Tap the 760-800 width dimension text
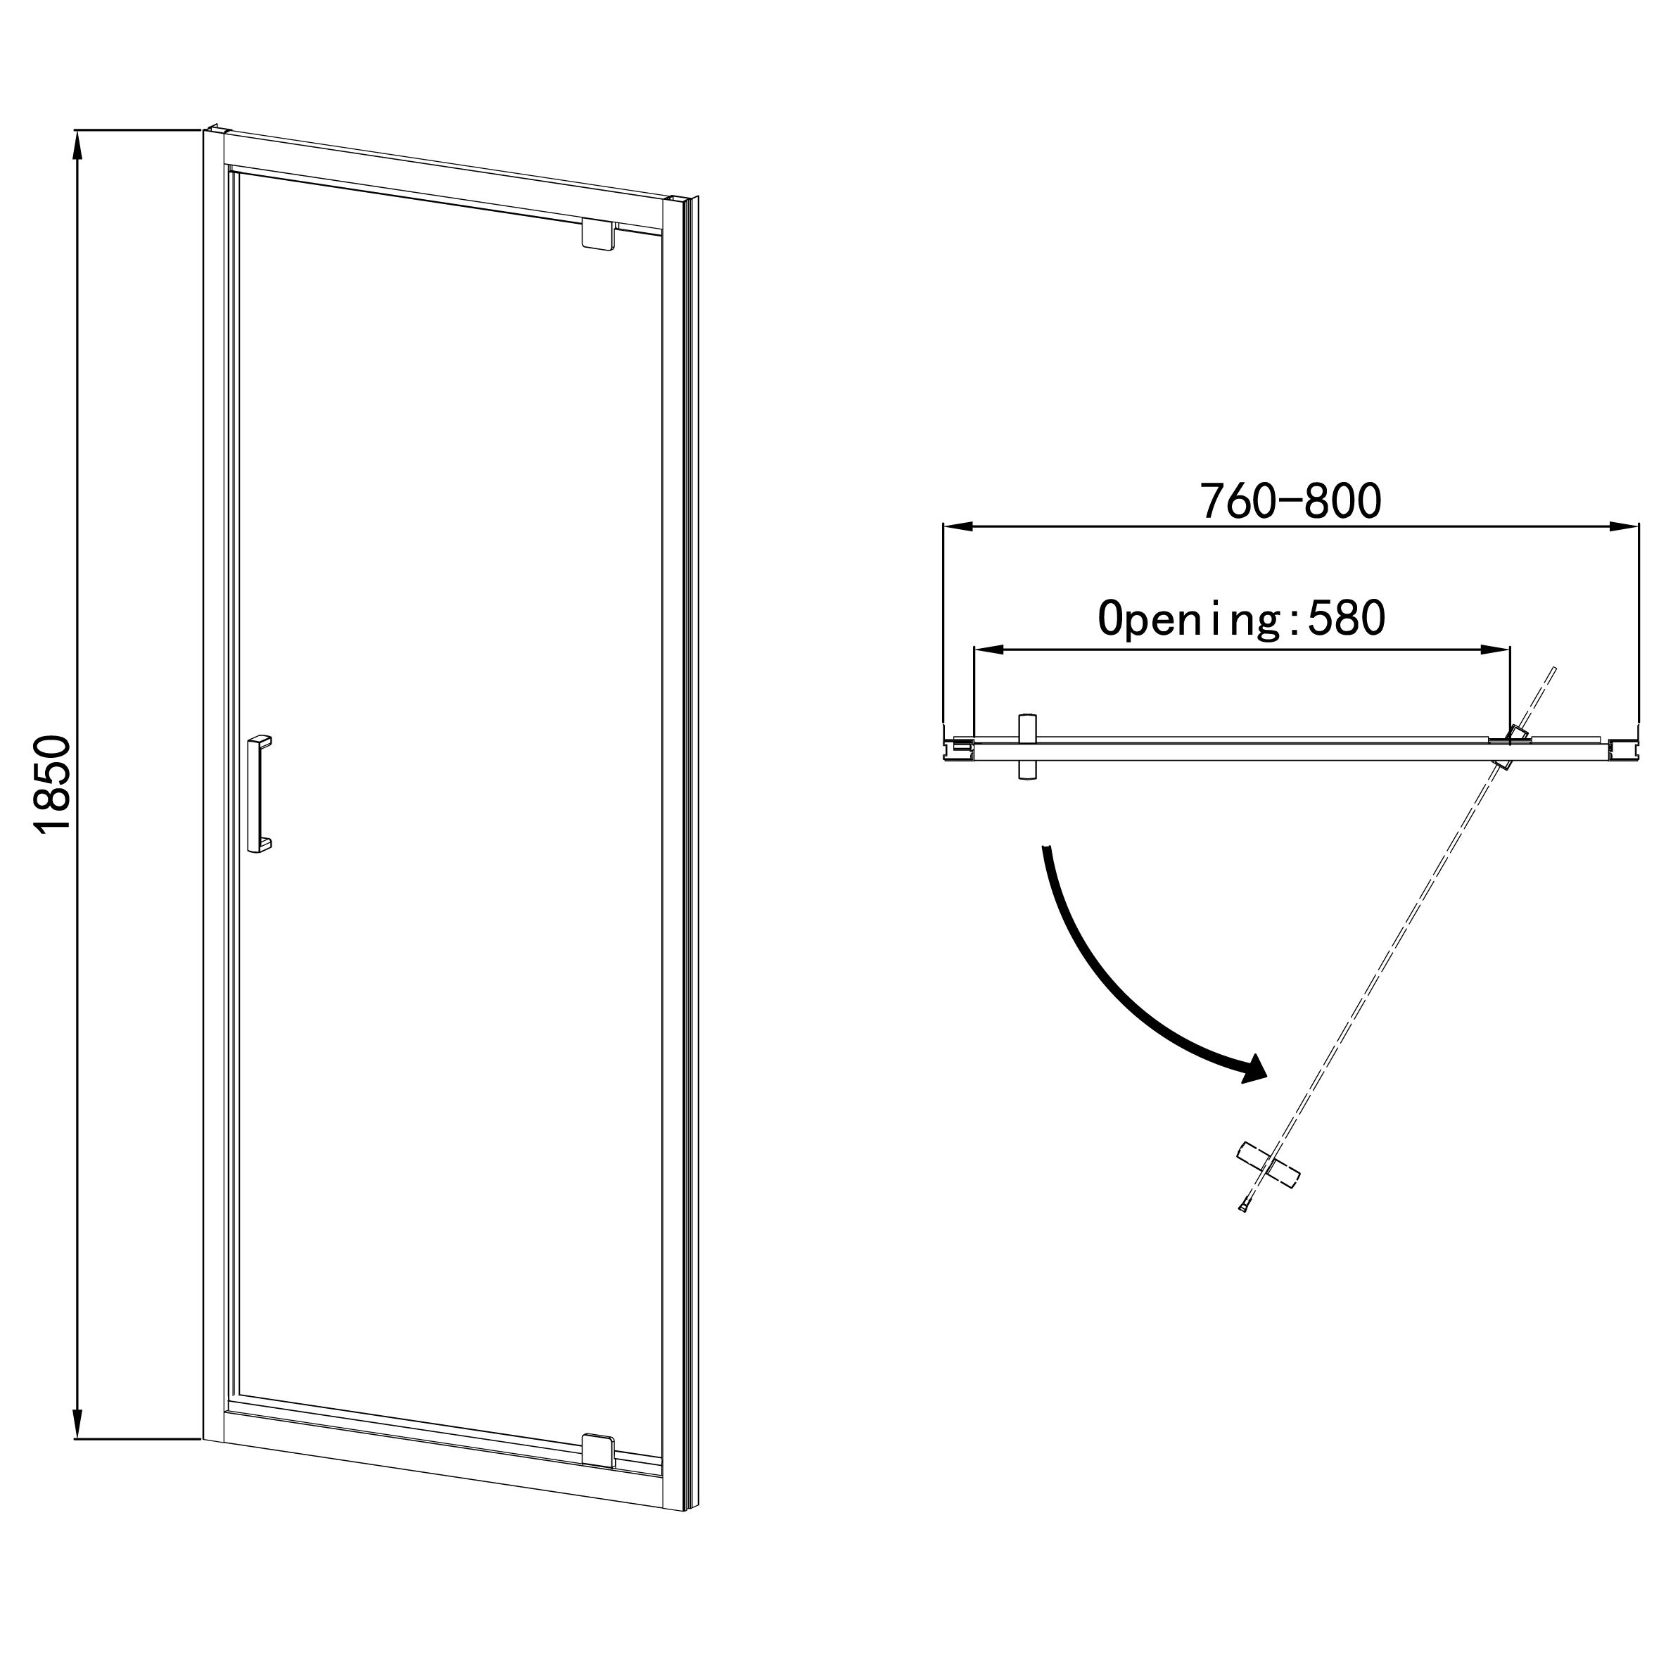(1290, 501)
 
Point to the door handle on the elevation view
(260, 794)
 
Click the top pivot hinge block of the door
(598, 236)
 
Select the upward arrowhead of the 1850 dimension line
(78, 147)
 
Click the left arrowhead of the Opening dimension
(988, 649)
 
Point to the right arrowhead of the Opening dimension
(1494, 649)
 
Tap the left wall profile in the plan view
(959, 748)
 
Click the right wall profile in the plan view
(1624, 748)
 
